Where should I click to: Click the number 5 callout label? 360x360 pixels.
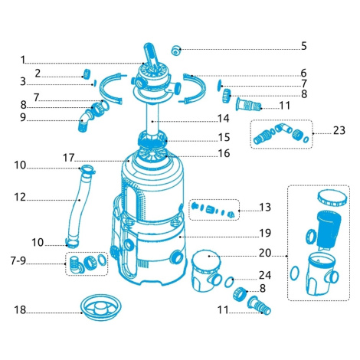303,46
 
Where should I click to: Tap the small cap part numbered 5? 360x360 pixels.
176,50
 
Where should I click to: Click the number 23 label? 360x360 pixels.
339,130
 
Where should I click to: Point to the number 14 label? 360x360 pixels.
224,119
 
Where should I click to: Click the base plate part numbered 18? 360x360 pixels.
101,307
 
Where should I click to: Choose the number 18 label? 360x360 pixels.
20,309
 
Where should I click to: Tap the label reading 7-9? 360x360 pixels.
18,260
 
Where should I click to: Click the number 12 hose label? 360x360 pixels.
20,197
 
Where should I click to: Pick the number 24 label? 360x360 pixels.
265,275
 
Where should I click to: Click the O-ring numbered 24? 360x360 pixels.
229,282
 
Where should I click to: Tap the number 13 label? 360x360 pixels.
265,207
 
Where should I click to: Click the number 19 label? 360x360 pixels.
265,233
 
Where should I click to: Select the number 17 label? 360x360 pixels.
69,158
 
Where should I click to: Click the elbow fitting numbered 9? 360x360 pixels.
85,122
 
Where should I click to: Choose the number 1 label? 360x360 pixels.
23,60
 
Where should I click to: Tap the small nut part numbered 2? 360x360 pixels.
87,74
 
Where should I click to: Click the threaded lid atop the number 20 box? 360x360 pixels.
332,198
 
